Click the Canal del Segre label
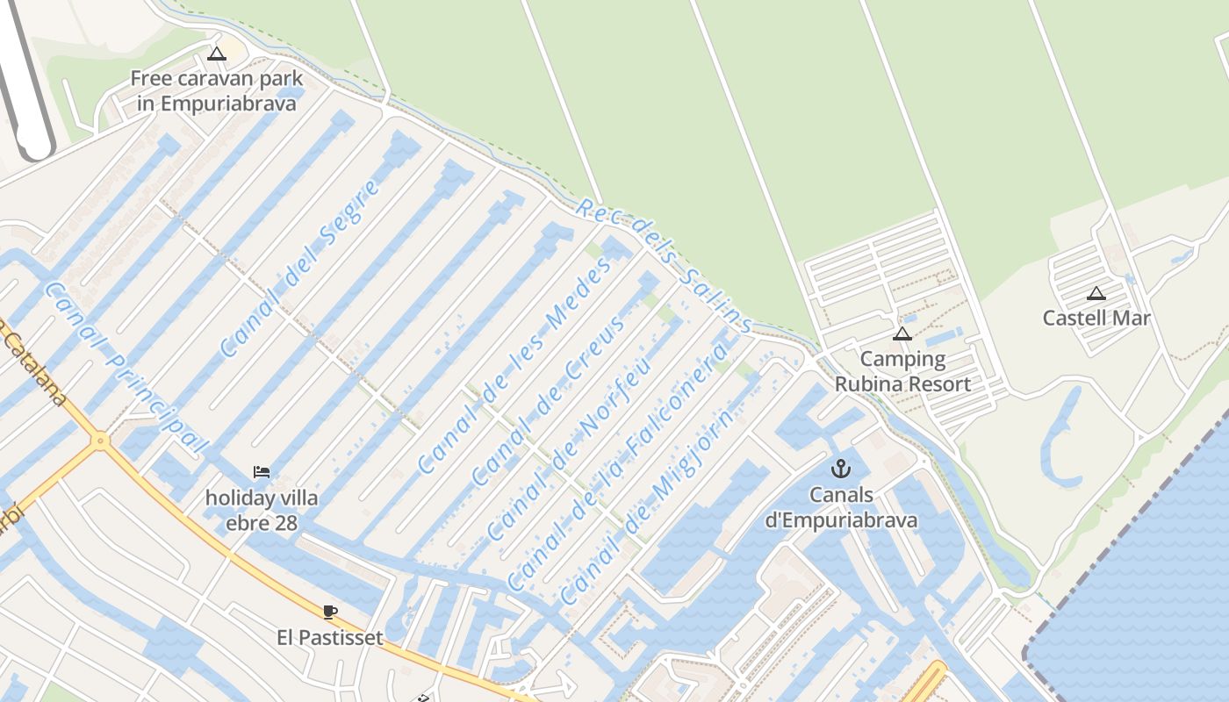coord(300,269)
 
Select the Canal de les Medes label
coord(514,366)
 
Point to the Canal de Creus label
coord(550,399)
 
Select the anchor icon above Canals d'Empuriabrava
coord(841,469)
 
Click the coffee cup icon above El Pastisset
coord(330,612)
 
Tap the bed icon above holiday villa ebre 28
coord(262,472)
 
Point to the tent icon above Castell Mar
coord(1096,293)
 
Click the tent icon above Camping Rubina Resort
coord(902,333)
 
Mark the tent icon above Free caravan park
coord(217,54)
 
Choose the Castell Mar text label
coord(1096,318)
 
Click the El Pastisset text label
coord(330,638)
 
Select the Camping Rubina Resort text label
coord(902,371)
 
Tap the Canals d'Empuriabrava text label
coord(841,507)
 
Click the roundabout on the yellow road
coord(101,440)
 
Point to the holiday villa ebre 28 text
coord(262,511)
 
